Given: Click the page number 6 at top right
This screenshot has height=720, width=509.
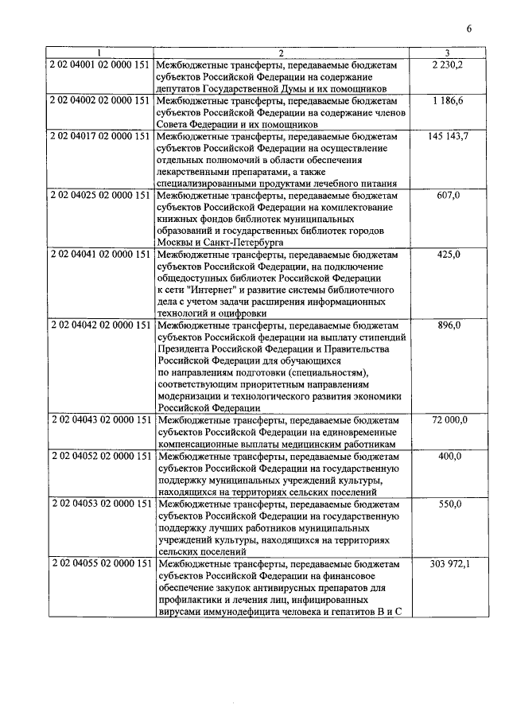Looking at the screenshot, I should (469, 29).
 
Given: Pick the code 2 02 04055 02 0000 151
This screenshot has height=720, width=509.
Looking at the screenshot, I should (100, 563).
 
